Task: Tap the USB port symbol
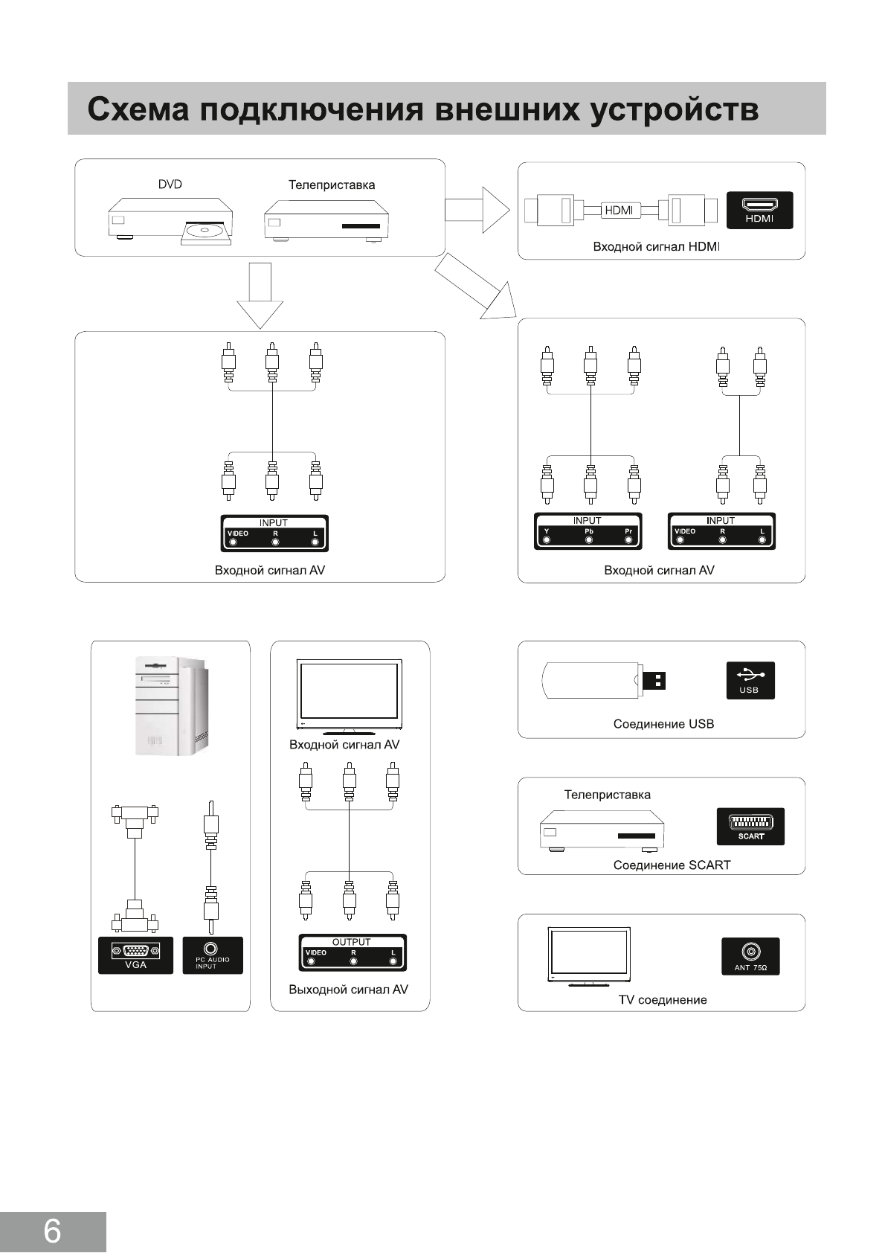(750, 680)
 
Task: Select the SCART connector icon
(750, 826)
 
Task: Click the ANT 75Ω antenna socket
(750, 955)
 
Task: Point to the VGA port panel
(135, 955)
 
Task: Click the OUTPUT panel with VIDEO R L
(352, 952)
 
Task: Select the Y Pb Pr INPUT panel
(588, 531)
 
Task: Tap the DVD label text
(170, 185)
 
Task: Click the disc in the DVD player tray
(205, 231)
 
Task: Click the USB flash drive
(602, 680)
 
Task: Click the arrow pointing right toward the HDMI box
(477, 210)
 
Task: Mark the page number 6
(52, 1231)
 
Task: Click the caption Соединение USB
(663, 724)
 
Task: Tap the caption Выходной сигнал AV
(348, 990)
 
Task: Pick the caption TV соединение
(663, 1000)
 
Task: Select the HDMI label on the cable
(619, 211)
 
